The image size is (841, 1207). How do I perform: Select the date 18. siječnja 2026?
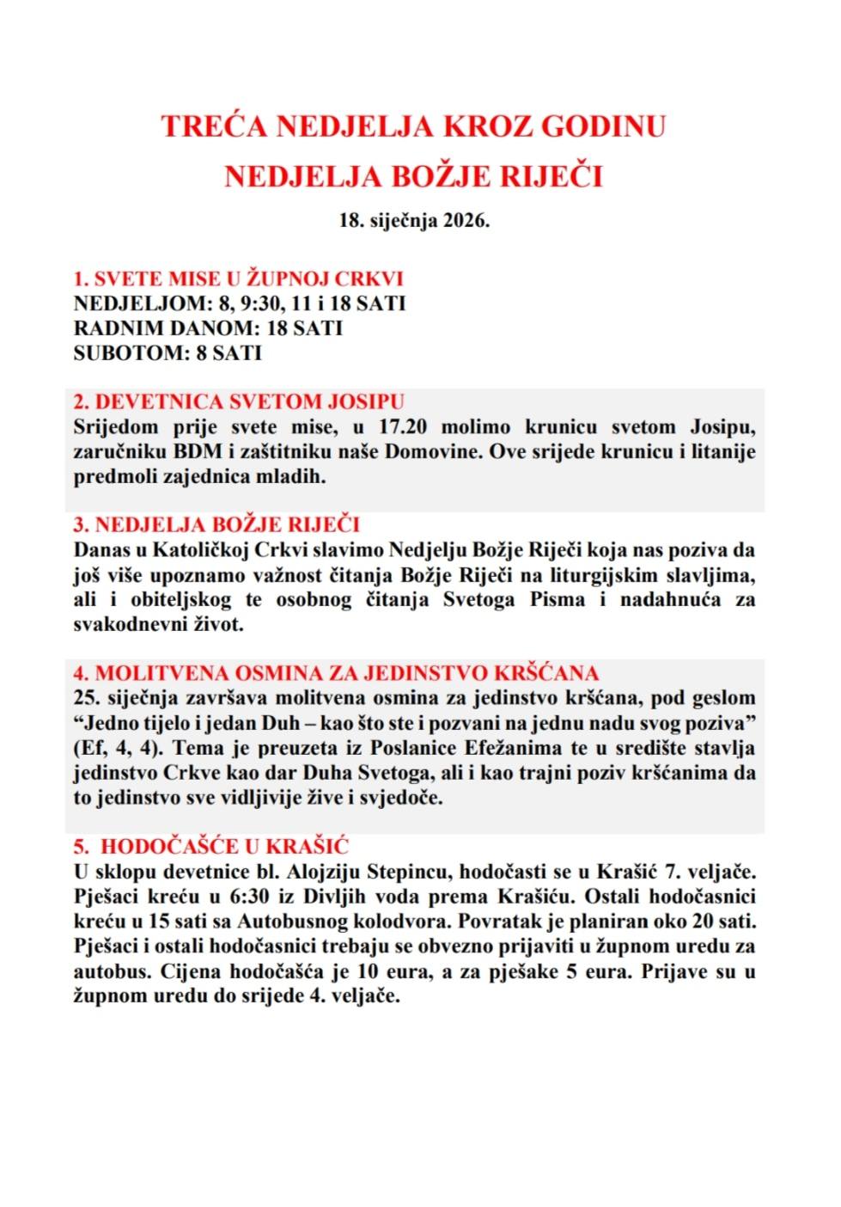[x=414, y=220]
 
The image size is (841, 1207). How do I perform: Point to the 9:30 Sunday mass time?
[x=261, y=303]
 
